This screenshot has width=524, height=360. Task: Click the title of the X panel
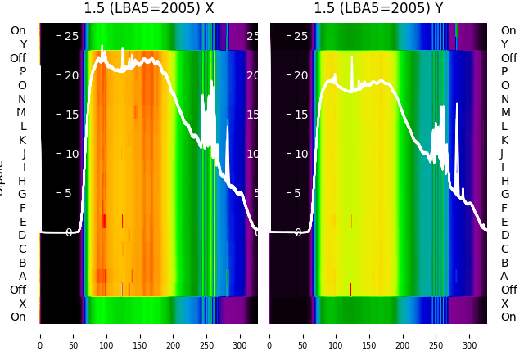(x=149, y=9)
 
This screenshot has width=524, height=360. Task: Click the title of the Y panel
(x=378, y=9)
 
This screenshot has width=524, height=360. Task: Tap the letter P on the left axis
(x=23, y=72)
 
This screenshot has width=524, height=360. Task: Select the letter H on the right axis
(x=504, y=181)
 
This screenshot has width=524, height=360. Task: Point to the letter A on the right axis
(x=504, y=277)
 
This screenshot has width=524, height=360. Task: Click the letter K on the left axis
(x=23, y=140)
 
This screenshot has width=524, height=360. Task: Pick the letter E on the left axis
(x=23, y=222)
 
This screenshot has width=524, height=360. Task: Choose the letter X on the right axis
(x=504, y=304)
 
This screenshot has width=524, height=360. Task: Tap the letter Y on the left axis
(x=23, y=44)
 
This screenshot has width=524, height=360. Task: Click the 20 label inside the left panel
(x=71, y=75)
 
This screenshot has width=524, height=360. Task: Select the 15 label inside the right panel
(x=300, y=115)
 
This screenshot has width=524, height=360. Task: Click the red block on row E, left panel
(x=103, y=221)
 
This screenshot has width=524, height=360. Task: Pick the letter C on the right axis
(x=504, y=249)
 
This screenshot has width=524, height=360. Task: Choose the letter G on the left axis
(x=23, y=195)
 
